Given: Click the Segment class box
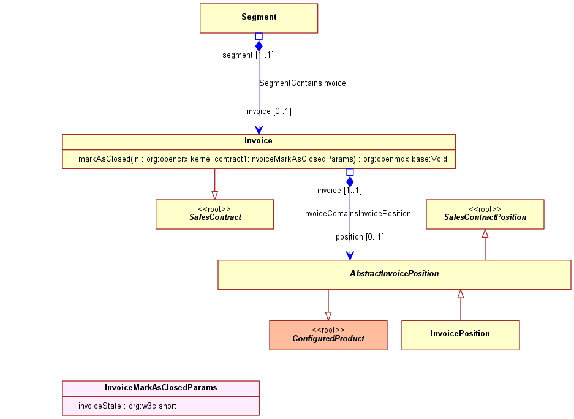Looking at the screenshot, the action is pyautogui.click(x=259, y=18).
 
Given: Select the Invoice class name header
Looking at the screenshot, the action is pyautogui.click(x=259, y=141).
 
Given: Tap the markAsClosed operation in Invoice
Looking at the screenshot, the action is pyautogui.click(x=259, y=159).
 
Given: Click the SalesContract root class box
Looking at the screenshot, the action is pyautogui.click(x=215, y=214).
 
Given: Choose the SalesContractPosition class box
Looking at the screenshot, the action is pyautogui.click(x=485, y=214).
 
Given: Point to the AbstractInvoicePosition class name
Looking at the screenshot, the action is pyautogui.click(x=395, y=274).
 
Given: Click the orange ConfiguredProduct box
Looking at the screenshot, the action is pyautogui.click(x=328, y=335).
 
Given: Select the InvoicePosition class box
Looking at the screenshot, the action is pyautogui.click(x=461, y=335).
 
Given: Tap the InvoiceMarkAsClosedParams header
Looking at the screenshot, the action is pyautogui.click(x=160, y=388).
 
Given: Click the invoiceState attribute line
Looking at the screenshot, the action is pyautogui.click(x=124, y=406).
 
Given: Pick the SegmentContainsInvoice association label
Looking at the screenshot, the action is pyautogui.click(x=303, y=83).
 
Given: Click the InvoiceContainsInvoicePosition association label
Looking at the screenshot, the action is pyautogui.click(x=357, y=214).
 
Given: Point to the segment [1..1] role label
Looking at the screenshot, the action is pyautogui.click(x=248, y=55).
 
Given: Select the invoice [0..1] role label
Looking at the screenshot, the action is pyautogui.click(x=269, y=111).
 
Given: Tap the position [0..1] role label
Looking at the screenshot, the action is pyautogui.click(x=360, y=237).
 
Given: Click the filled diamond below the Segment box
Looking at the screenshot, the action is pyautogui.click(x=259, y=46).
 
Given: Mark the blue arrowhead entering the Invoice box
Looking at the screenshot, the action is pyautogui.click(x=259, y=130).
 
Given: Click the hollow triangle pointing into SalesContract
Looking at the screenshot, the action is pyautogui.click(x=215, y=195).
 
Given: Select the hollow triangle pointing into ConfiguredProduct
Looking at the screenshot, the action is pyautogui.click(x=328, y=317).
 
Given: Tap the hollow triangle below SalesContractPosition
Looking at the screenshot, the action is pyautogui.click(x=485, y=233).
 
